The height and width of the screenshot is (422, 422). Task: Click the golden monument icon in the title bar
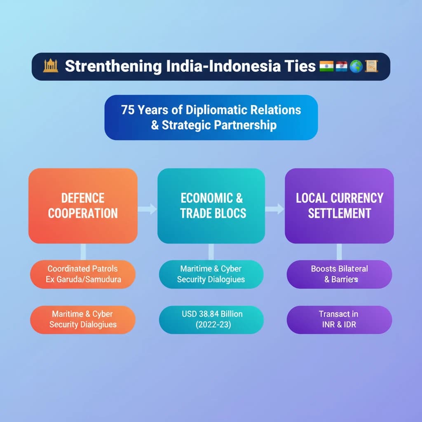(51, 66)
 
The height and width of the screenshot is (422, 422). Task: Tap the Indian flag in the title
(326, 66)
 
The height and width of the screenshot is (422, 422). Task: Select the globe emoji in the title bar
(356, 66)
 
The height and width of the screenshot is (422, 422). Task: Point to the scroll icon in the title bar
(371, 66)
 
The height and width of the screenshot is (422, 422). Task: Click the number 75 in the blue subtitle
(128, 110)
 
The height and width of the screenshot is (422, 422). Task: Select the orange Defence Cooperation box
(83, 206)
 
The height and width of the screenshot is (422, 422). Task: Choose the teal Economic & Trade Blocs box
(211, 206)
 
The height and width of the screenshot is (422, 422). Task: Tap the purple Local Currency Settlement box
(340, 206)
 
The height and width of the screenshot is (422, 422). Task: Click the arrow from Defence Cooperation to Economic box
(147, 209)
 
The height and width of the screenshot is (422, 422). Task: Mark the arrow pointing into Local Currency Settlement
(275, 209)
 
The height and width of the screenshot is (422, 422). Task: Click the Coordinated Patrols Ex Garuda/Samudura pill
(83, 274)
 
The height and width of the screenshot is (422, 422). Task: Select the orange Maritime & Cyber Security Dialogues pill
(83, 320)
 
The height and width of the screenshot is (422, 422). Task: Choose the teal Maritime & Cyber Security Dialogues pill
(211, 274)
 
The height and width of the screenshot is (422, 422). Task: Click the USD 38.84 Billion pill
(211, 320)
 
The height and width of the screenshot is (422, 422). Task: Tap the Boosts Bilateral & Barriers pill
(340, 274)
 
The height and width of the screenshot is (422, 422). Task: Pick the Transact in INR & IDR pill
(340, 320)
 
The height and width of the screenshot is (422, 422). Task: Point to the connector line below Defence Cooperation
(83, 252)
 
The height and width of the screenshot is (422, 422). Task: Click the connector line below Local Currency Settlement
(340, 252)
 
